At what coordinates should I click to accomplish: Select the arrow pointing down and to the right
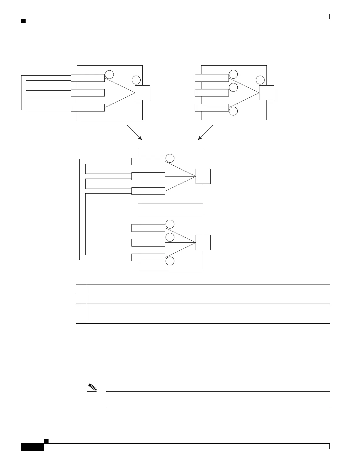(x=134, y=132)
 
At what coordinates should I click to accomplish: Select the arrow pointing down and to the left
(x=205, y=132)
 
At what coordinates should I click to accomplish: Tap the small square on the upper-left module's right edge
(x=142, y=93)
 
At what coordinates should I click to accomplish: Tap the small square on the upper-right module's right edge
(x=266, y=93)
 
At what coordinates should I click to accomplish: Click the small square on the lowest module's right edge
(x=203, y=242)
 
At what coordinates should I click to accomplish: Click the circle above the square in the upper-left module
(x=136, y=80)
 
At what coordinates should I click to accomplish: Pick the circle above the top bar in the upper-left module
(x=109, y=74)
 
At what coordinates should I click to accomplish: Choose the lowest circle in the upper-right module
(x=233, y=111)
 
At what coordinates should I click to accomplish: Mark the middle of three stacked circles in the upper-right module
(x=233, y=87)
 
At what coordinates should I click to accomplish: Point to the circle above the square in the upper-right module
(x=260, y=80)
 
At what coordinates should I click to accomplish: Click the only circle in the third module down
(x=170, y=158)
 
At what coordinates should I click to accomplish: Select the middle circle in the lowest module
(x=170, y=237)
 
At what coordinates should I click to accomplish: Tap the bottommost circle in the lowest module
(x=170, y=261)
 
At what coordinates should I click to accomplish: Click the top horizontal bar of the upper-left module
(x=88, y=78)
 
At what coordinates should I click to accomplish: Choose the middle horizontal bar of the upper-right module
(x=212, y=93)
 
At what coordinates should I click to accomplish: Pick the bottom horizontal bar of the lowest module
(x=148, y=257)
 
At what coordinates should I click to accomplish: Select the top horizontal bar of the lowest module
(x=148, y=228)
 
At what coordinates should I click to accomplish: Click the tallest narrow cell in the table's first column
(x=81, y=314)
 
